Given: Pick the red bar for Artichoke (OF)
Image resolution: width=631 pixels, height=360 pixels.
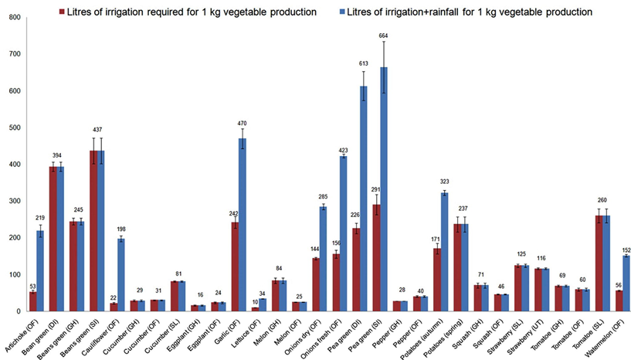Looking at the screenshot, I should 32,301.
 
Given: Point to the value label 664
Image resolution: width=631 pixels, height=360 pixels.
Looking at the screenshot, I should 383,36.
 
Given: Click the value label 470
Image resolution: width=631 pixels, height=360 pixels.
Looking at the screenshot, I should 198,122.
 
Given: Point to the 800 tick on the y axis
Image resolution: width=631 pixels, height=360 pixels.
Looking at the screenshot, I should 13,17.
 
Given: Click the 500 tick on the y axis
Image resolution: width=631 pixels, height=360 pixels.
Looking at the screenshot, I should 13,127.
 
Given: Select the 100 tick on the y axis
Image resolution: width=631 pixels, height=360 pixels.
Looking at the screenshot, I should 13,275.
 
